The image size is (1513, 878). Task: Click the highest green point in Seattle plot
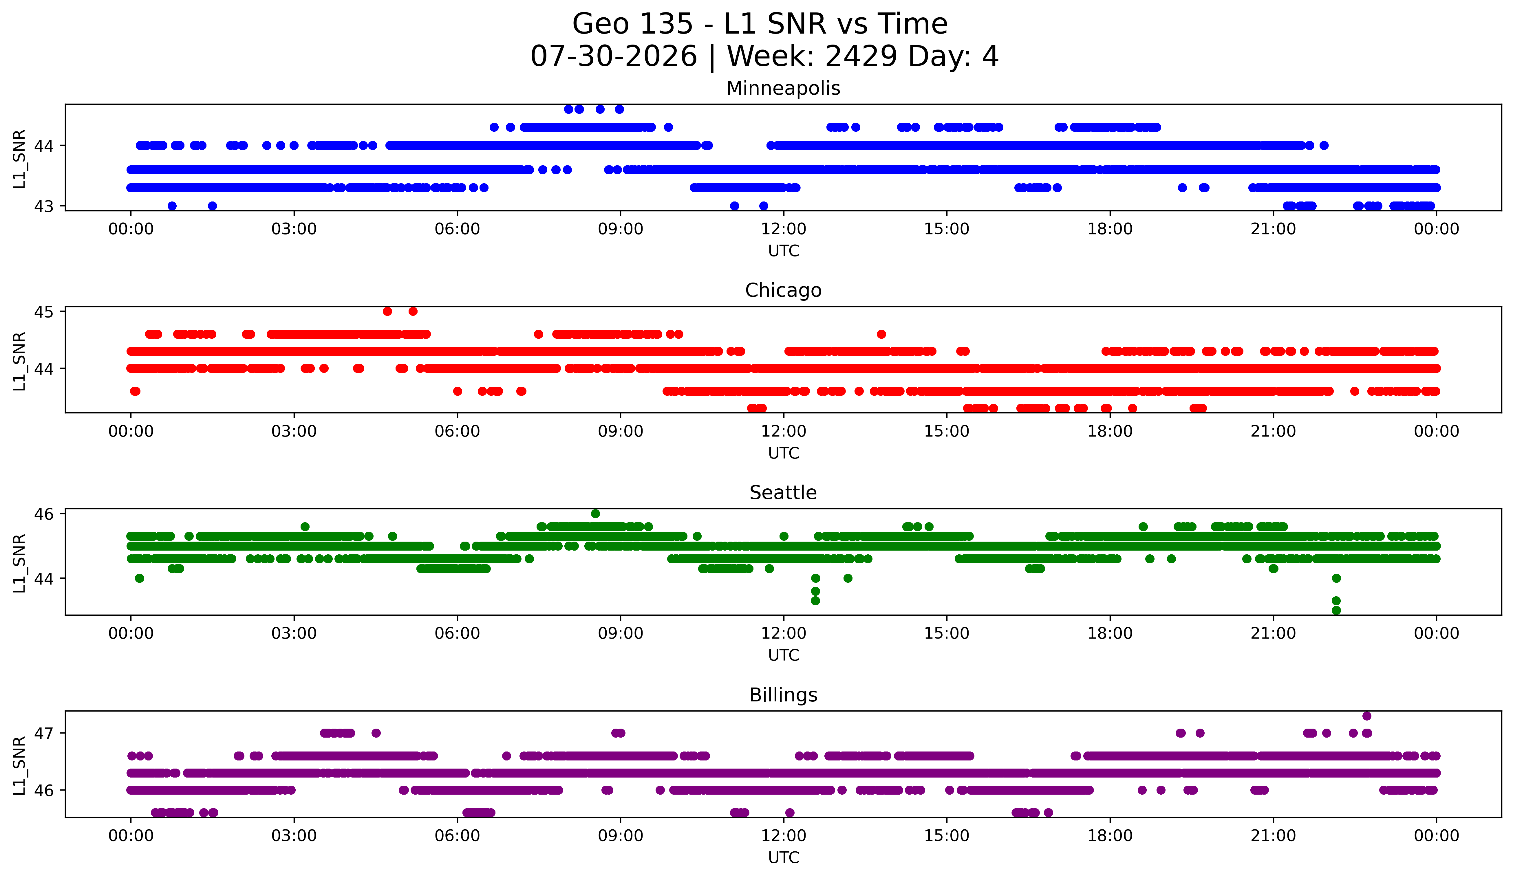click(x=595, y=514)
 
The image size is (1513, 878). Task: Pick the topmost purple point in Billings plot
click(x=1366, y=716)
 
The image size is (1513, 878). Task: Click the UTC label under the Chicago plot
click(x=784, y=453)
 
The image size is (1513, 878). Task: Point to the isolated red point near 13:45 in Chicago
click(x=881, y=334)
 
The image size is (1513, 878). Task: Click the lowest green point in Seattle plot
click(x=1336, y=610)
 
